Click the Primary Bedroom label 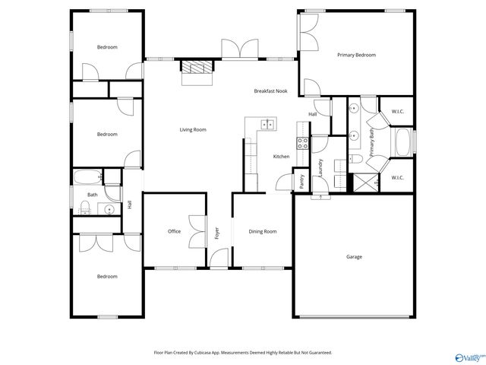click(356, 55)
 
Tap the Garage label click(354, 257)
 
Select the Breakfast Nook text click(270, 91)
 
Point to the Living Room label click(193, 130)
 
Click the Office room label click(174, 231)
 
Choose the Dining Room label click(263, 231)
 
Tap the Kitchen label click(281, 157)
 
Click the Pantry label click(301, 181)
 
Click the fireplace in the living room click(197, 67)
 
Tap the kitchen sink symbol click(267, 124)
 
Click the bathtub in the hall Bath click(87, 179)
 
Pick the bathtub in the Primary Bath click(402, 142)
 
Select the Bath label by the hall click(92, 195)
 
